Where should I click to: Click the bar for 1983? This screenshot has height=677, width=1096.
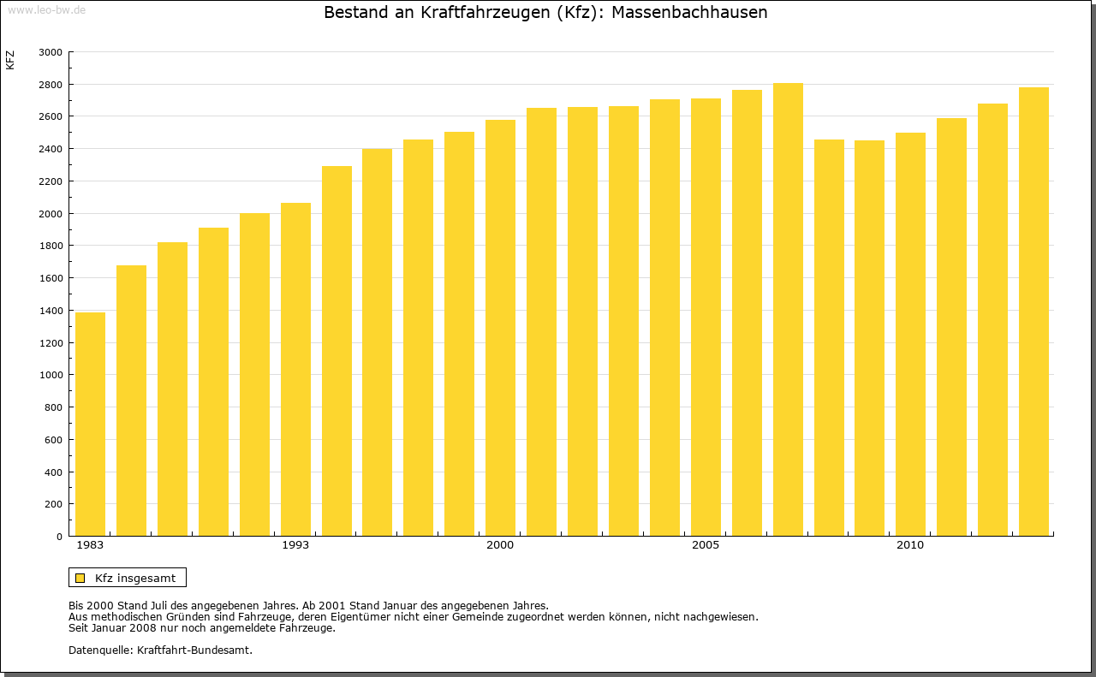tap(90, 424)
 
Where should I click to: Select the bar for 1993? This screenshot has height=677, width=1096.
tap(295, 369)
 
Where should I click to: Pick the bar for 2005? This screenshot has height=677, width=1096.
tap(706, 317)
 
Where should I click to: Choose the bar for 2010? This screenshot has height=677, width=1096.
tap(910, 334)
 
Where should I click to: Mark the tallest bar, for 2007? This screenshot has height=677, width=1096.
tap(788, 309)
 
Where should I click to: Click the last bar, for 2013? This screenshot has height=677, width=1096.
tap(1033, 312)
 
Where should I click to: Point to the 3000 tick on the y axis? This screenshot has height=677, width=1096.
tap(51, 52)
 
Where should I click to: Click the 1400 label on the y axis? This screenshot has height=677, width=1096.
tap(51, 311)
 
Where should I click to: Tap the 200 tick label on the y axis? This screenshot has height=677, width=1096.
tap(54, 504)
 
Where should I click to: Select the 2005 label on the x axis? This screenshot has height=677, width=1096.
tap(706, 545)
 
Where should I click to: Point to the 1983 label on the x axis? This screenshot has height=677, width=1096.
tap(90, 545)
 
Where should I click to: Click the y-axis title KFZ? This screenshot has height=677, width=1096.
tap(10, 60)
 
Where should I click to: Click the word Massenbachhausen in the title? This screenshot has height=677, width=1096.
tap(689, 13)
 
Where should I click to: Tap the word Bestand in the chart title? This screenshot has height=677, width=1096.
tap(354, 13)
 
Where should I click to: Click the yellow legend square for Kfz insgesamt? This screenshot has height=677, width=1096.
tap(80, 578)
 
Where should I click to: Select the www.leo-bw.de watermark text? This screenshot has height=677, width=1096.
tap(46, 10)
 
